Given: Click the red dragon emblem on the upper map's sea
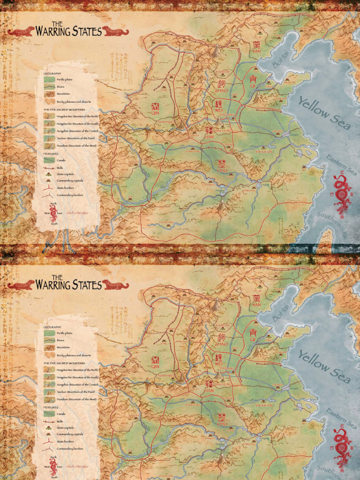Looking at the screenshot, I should [x=342, y=193].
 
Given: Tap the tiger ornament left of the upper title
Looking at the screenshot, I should [x=21, y=31].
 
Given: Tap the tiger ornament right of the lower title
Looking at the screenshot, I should [x=115, y=285].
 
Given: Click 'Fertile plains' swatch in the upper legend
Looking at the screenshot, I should [x=49, y=80].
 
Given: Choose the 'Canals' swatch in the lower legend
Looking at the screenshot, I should [x=49, y=414].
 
